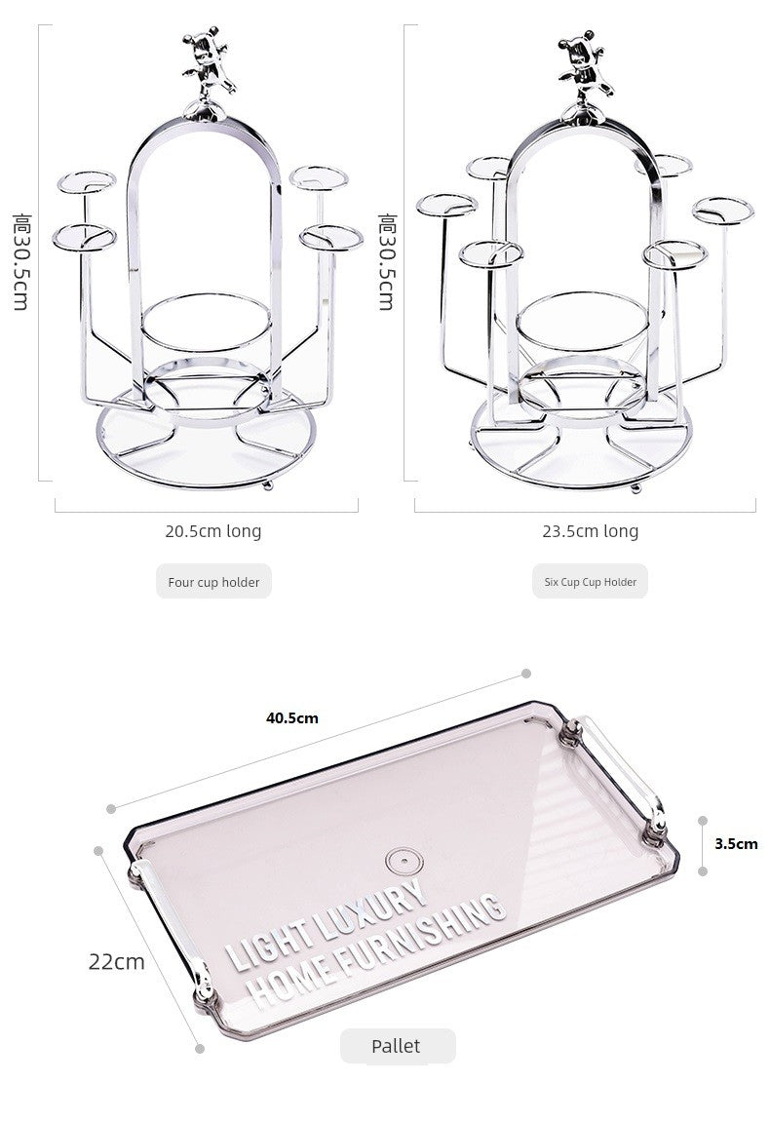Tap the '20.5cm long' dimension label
coord(212,531)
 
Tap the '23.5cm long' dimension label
coord(590,531)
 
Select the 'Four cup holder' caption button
coord(213,582)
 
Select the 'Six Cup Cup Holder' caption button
coord(590,582)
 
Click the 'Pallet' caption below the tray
coord(396,1046)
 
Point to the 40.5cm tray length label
coord(292,718)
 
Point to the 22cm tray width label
coord(116,961)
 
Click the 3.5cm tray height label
coord(736,844)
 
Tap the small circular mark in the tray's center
coord(401,861)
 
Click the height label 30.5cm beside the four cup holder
coord(20,261)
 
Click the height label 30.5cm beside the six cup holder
coord(386,261)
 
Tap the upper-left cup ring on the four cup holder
coord(86,182)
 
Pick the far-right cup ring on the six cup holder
coord(723,210)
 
